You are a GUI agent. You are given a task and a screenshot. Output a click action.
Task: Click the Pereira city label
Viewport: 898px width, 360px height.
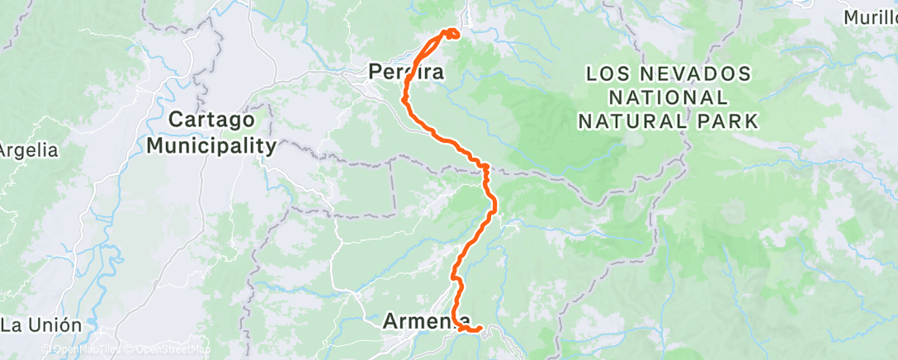(x=406, y=73)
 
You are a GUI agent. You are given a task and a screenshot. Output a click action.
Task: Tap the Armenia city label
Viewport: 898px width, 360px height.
(x=428, y=322)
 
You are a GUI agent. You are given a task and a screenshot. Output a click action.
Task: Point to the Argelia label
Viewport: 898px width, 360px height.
(x=28, y=150)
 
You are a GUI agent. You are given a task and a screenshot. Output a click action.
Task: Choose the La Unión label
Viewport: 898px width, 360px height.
(x=41, y=324)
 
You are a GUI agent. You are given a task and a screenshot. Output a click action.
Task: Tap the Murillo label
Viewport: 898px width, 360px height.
(x=871, y=17)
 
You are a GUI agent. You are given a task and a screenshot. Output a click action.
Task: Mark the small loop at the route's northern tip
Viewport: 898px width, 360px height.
(x=451, y=34)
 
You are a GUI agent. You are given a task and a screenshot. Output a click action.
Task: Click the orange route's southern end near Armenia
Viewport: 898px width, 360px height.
(x=479, y=329)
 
